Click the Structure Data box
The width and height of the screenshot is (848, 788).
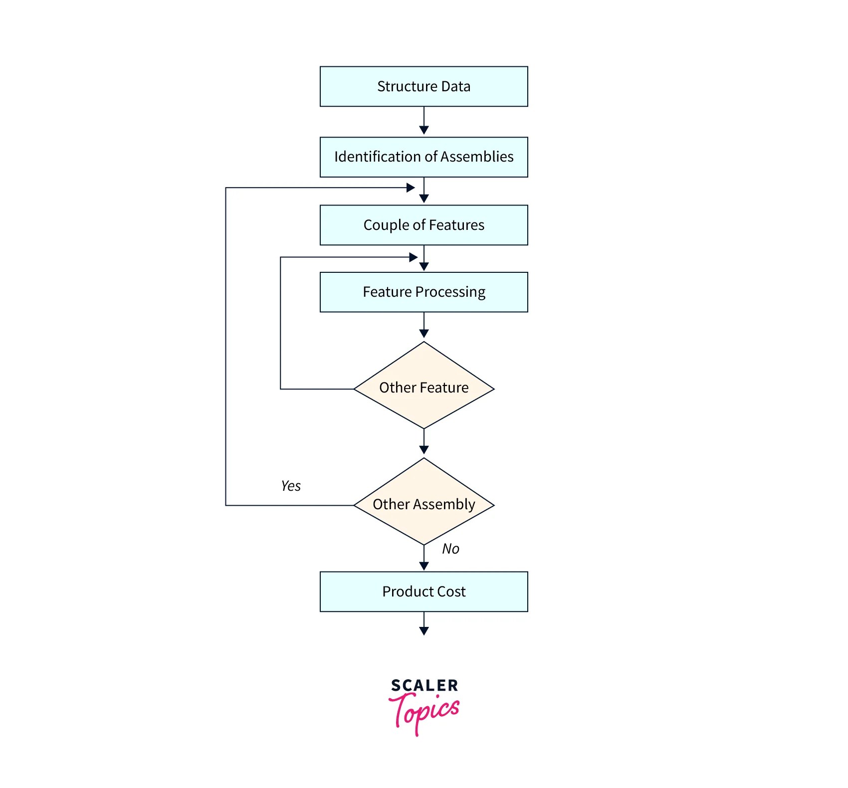click(424, 86)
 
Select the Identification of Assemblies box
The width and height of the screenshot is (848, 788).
click(424, 157)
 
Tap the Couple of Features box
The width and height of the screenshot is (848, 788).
click(424, 225)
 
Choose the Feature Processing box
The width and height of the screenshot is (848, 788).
click(424, 292)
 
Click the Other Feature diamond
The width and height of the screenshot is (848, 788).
click(424, 388)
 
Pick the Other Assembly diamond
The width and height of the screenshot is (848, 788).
click(424, 504)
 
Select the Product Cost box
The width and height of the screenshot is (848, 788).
click(424, 591)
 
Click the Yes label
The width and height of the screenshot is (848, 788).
click(291, 486)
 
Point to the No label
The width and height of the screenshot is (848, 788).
click(450, 549)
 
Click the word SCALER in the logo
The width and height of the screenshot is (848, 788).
click(424, 686)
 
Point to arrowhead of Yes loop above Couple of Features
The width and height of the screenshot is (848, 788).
click(411, 188)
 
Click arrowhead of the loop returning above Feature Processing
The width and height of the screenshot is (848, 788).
click(413, 257)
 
